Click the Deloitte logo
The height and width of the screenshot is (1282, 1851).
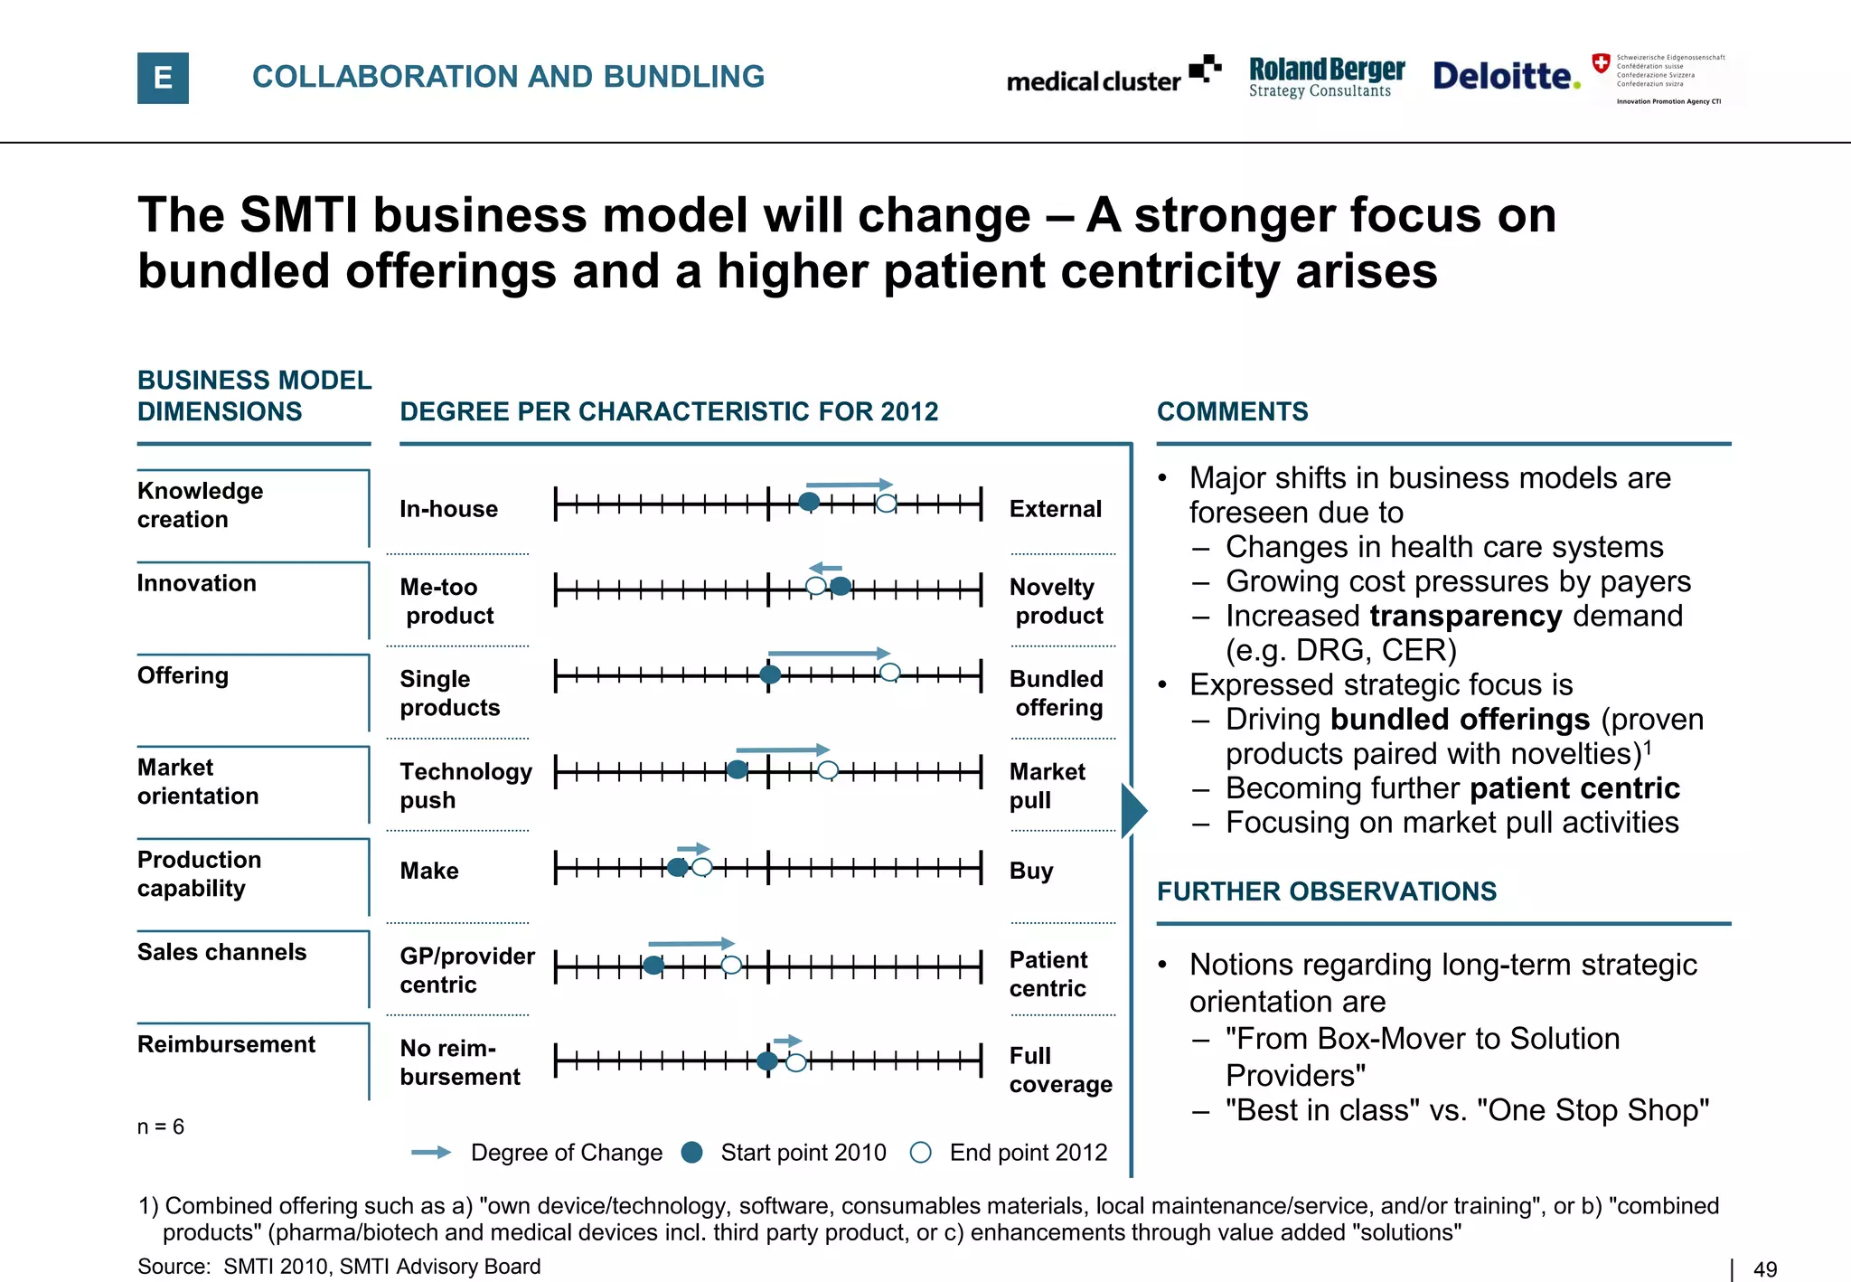click(x=1505, y=76)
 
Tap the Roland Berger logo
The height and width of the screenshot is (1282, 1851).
click(x=1326, y=77)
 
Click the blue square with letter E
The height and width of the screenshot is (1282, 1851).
click(x=163, y=78)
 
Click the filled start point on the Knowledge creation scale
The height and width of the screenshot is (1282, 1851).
click(x=810, y=502)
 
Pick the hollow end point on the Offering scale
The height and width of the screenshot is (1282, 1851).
click(x=889, y=672)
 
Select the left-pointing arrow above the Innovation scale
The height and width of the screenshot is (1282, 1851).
click(x=825, y=568)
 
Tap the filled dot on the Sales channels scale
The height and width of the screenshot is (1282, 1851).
click(x=653, y=966)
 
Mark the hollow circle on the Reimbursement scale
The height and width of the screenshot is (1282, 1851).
click(x=795, y=1062)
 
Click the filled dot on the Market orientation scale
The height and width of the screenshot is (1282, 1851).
click(x=738, y=769)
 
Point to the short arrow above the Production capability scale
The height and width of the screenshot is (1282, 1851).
click(x=693, y=849)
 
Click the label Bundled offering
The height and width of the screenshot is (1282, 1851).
click(x=1057, y=693)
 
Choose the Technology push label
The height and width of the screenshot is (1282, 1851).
click(x=465, y=785)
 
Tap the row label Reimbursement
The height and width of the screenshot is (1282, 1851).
click(x=226, y=1044)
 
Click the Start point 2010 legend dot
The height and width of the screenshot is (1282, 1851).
click(x=692, y=1152)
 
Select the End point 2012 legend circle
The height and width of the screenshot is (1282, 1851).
click(x=920, y=1152)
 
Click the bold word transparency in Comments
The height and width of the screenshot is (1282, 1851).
click(x=1465, y=616)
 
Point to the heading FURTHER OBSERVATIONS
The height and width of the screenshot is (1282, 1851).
click(x=1326, y=891)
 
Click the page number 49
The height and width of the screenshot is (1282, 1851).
click(x=1764, y=1269)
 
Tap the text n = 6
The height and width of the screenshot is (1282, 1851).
click(x=160, y=1126)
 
